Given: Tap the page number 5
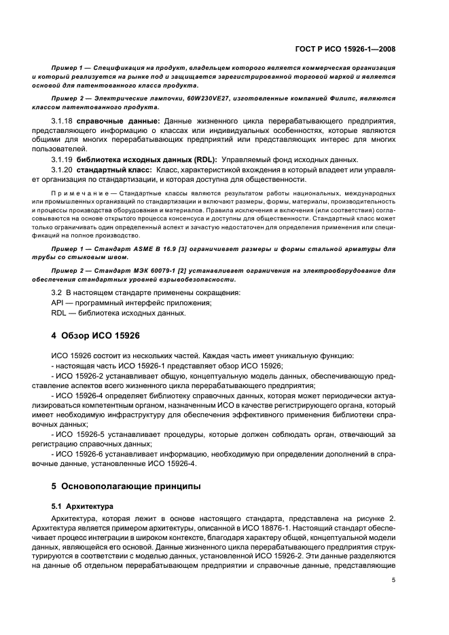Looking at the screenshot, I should tap(393, 579).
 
